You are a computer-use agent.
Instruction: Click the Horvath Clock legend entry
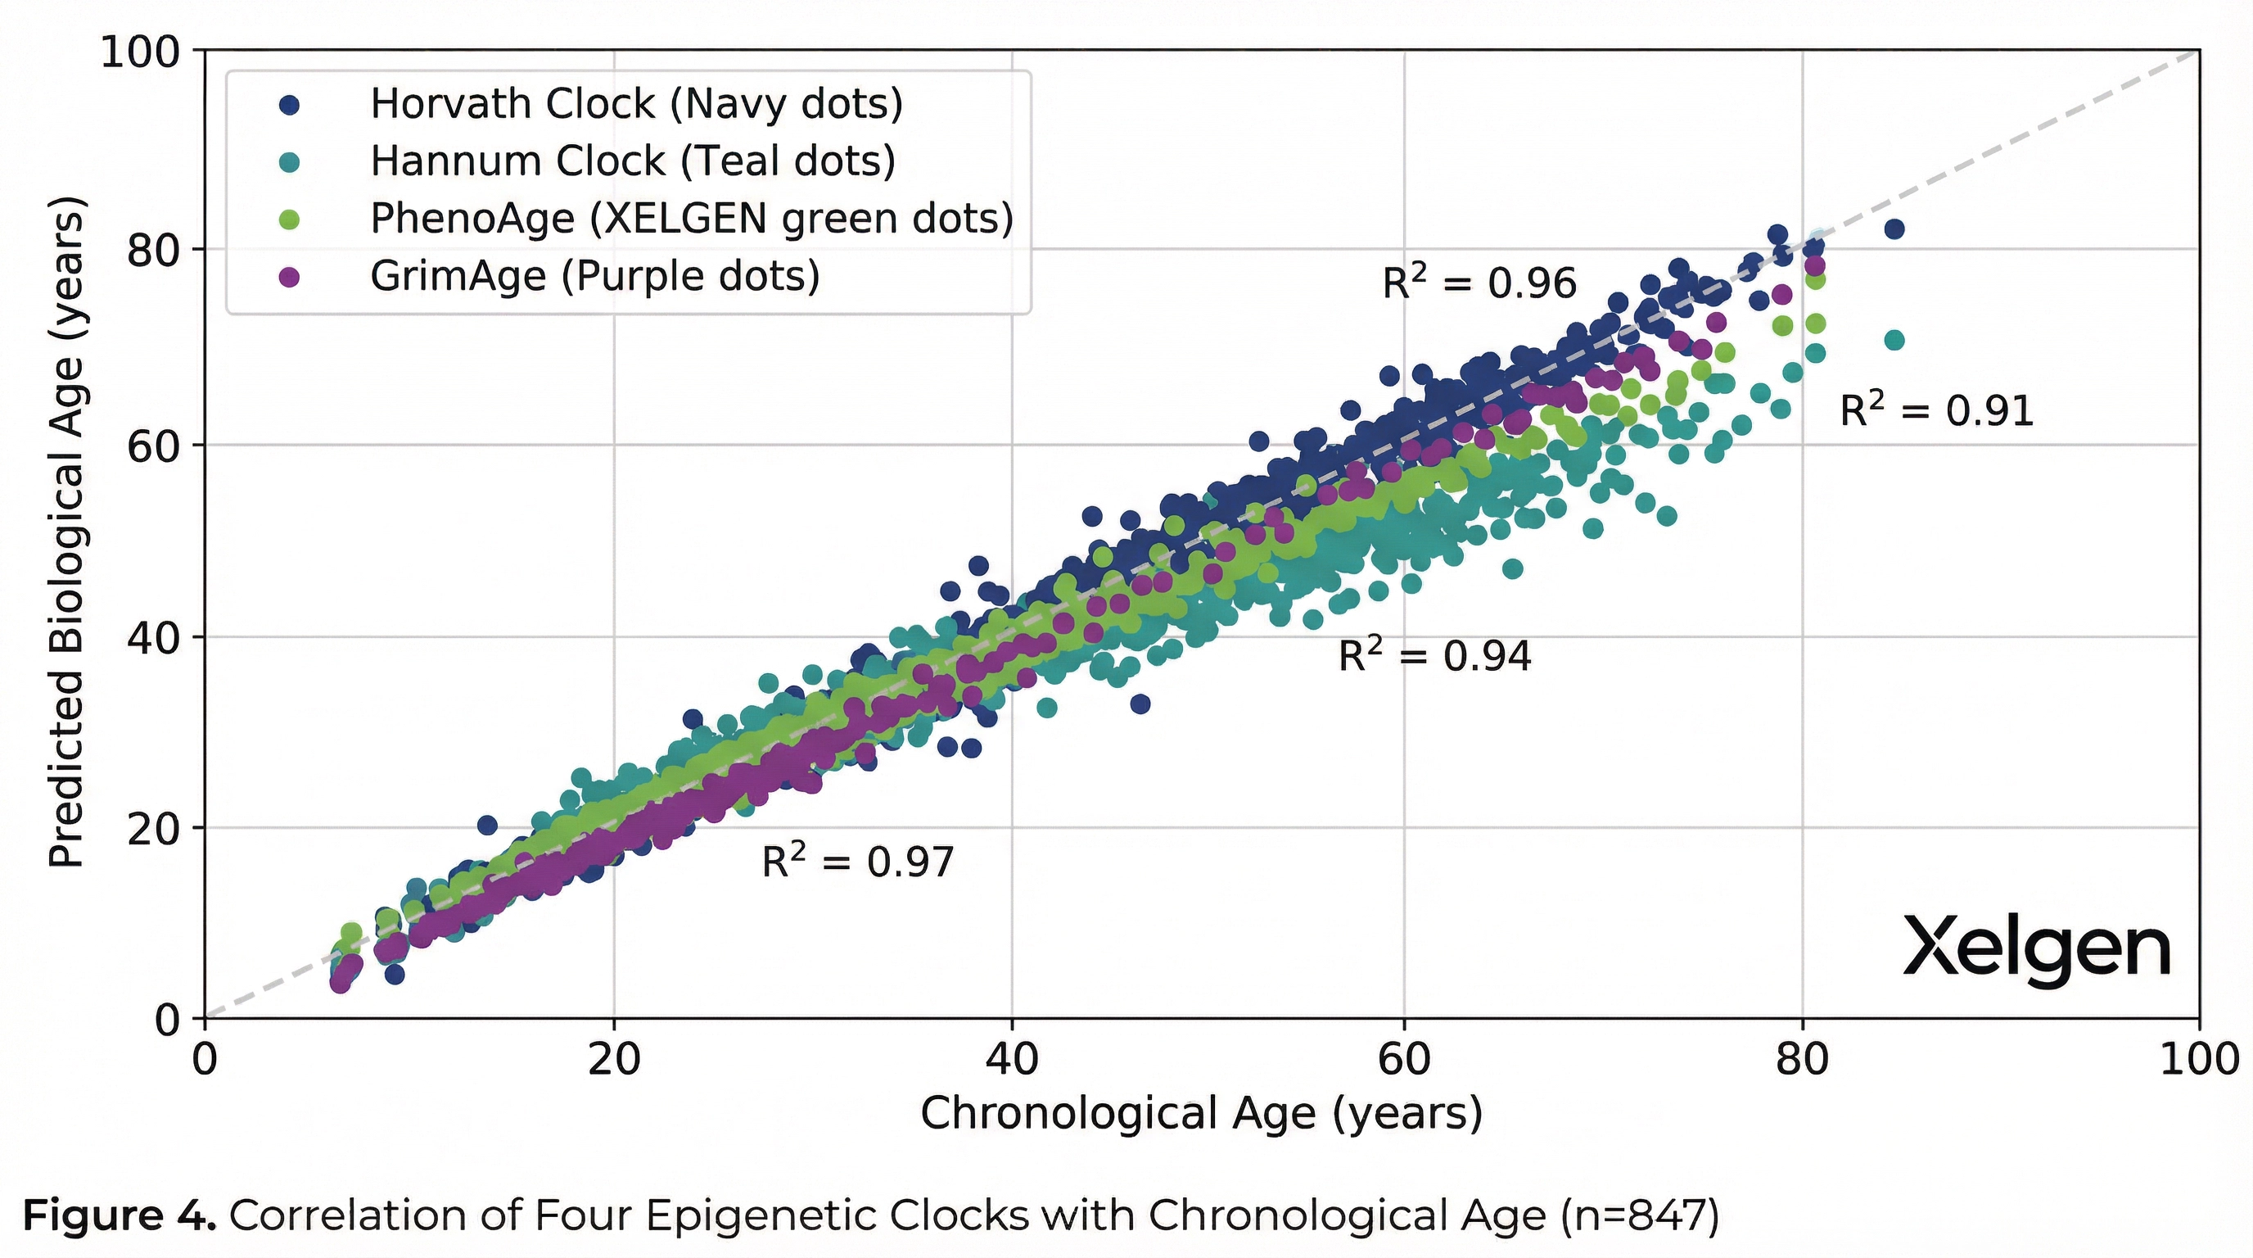pos(636,104)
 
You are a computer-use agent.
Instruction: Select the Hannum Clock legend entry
pos(632,161)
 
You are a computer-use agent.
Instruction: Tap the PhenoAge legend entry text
pos(691,219)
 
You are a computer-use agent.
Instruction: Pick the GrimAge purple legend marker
pos(289,278)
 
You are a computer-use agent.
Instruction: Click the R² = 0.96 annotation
pos(1479,283)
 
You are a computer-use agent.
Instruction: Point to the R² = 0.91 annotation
pos(1936,410)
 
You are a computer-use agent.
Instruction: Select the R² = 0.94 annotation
pos(1435,655)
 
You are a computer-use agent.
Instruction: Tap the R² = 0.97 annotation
pos(858,862)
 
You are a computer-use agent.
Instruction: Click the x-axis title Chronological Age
pos(1201,1114)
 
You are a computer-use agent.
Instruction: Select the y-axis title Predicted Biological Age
pos(66,534)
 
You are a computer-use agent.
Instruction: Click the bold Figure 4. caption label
pos(119,1215)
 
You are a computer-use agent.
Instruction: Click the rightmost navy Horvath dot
pos(1894,229)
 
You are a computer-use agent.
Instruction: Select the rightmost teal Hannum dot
pos(1894,341)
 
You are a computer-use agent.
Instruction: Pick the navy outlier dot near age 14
pos(487,825)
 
